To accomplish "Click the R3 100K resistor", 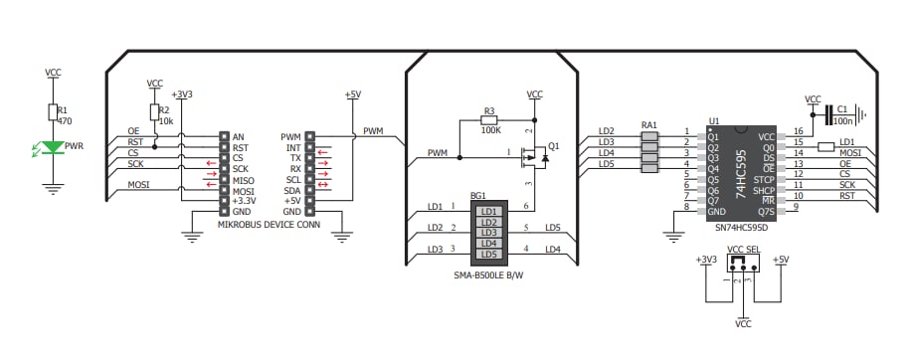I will [488, 120].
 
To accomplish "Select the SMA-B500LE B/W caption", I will [487, 274].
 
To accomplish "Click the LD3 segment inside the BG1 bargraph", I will [487, 232].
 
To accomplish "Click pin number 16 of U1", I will [799, 131].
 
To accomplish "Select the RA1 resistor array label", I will [649, 125].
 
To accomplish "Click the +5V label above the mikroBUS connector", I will [352, 94].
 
